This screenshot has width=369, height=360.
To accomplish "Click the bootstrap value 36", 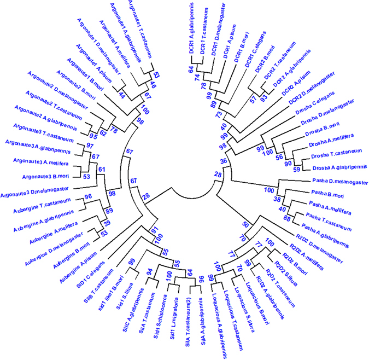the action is [223, 161].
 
